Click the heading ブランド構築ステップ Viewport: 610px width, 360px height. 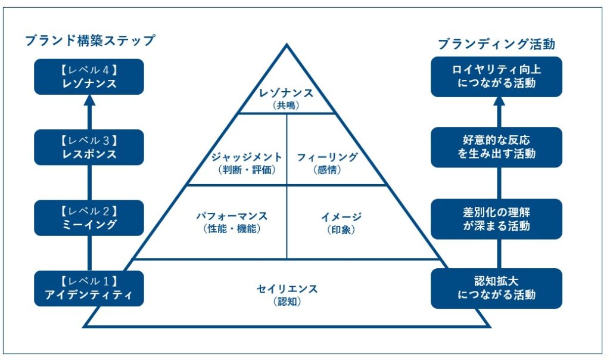89,41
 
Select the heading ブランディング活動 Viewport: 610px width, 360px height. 496,44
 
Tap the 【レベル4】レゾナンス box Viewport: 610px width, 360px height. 89,77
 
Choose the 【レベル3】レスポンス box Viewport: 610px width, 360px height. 89,147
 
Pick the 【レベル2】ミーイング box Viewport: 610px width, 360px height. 89,218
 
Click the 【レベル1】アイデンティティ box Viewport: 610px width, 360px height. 89,288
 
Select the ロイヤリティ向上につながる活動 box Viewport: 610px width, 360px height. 496,76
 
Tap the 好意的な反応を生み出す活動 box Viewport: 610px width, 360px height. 496,147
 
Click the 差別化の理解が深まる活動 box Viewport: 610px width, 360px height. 496,219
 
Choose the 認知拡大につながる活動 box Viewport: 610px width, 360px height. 496,288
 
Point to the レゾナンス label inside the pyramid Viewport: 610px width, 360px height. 287,93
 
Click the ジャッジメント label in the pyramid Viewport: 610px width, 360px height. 246,157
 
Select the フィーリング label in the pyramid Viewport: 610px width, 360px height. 327,157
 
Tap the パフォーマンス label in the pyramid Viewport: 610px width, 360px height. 232,216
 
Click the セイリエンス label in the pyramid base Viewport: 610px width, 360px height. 287,289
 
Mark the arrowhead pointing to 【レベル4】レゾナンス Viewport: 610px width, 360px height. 89,102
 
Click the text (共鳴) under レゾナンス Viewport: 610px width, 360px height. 287,105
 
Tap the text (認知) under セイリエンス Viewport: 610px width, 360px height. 287,302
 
